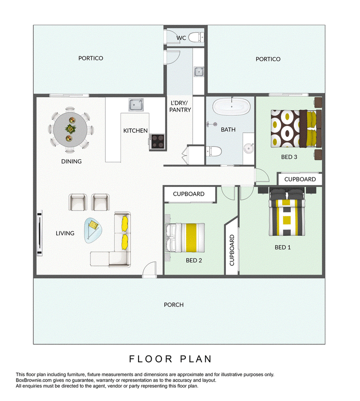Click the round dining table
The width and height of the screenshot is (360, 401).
[70, 130]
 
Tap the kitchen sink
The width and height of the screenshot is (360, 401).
[136, 105]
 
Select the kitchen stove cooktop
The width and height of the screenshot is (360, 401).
[157, 141]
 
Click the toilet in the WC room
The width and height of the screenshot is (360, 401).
[196, 37]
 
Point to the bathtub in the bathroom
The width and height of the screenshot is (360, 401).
[231, 107]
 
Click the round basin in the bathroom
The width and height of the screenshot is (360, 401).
[248, 148]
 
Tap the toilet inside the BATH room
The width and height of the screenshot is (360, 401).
[213, 151]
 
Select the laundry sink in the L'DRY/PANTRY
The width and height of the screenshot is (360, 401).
[199, 72]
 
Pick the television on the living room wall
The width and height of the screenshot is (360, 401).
[40, 233]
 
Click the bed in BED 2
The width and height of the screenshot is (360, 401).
[185, 238]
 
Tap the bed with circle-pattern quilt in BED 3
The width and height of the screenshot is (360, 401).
[296, 128]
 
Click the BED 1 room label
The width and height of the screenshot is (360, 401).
[283, 247]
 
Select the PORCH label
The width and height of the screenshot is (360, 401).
[174, 305]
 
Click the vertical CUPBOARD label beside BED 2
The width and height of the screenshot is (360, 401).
[232, 250]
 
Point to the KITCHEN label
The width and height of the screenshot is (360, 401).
[135, 131]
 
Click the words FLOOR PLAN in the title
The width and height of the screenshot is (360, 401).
[170, 359]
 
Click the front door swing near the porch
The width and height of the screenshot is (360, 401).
[149, 269]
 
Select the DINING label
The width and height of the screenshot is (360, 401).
[72, 162]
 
